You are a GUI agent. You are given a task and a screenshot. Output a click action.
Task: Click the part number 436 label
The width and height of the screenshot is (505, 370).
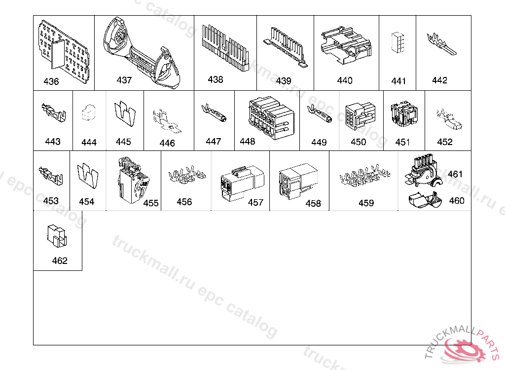(51, 81)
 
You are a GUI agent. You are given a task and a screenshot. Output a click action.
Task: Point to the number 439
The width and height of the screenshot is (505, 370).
(284, 81)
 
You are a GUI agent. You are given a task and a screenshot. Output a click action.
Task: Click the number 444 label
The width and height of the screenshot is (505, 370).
(89, 143)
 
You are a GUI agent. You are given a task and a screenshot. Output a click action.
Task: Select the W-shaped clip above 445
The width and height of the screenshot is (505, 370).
(124, 113)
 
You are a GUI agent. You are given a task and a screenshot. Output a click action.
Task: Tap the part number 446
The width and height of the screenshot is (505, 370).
(167, 143)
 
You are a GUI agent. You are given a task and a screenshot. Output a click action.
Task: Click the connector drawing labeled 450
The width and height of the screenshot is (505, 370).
(359, 117)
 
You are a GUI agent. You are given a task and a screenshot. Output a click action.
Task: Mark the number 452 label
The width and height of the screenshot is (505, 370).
(444, 142)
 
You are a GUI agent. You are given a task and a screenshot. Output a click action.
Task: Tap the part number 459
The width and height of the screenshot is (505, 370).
(366, 203)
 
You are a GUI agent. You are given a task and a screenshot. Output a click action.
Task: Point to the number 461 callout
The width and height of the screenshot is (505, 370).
(455, 174)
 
